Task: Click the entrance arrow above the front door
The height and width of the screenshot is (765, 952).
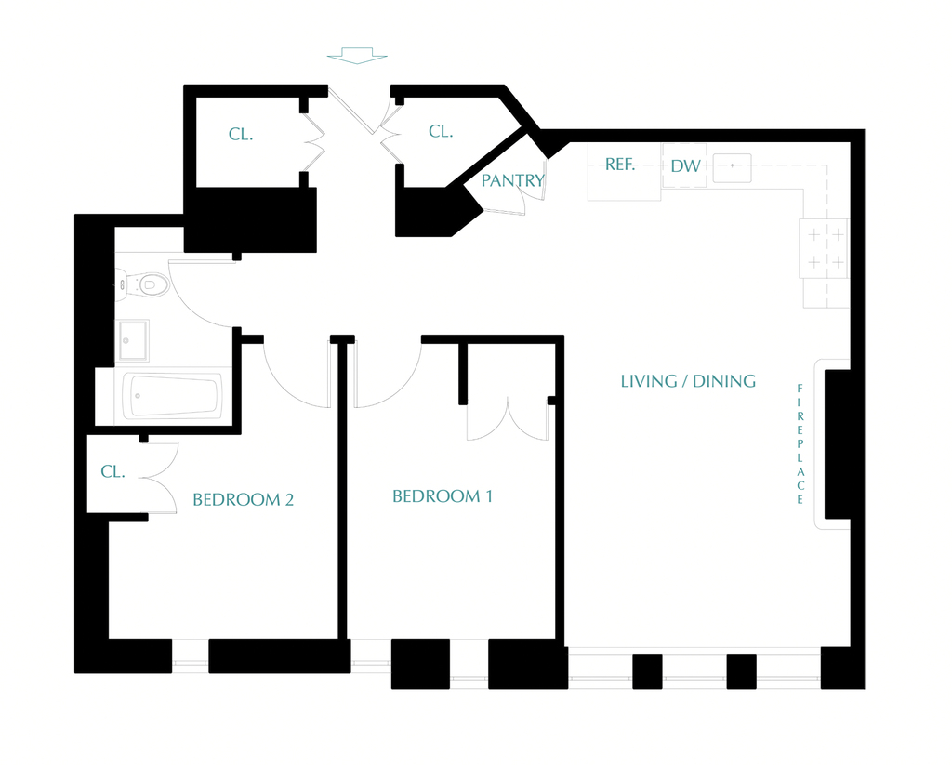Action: [x=357, y=55]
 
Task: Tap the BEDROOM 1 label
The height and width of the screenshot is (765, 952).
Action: [x=442, y=496]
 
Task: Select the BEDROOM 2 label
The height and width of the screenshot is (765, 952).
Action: [x=243, y=500]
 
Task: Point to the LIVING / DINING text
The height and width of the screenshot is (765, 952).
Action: [x=688, y=381]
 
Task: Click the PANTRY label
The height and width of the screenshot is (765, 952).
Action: [x=512, y=180]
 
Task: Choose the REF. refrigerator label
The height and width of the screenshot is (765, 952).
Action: [x=620, y=165]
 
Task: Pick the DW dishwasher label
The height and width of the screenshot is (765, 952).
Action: [x=685, y=165]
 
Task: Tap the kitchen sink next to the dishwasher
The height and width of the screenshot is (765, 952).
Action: [x=733, y=168]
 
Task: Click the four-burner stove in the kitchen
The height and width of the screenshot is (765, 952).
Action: [x=825, y=248]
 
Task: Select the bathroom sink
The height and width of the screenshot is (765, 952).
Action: [x=132, y=340]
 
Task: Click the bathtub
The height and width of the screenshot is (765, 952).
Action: [x=172, y=396]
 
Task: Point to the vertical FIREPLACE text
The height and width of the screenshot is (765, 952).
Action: [x=800, y=443]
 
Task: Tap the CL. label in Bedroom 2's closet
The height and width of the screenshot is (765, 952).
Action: [x=112, y=471]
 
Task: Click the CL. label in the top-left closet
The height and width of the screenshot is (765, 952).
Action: [x=241, y=134]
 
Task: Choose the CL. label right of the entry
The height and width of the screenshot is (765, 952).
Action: [x=441, y=131]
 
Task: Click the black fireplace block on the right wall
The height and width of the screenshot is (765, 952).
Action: [x=838, y=443]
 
